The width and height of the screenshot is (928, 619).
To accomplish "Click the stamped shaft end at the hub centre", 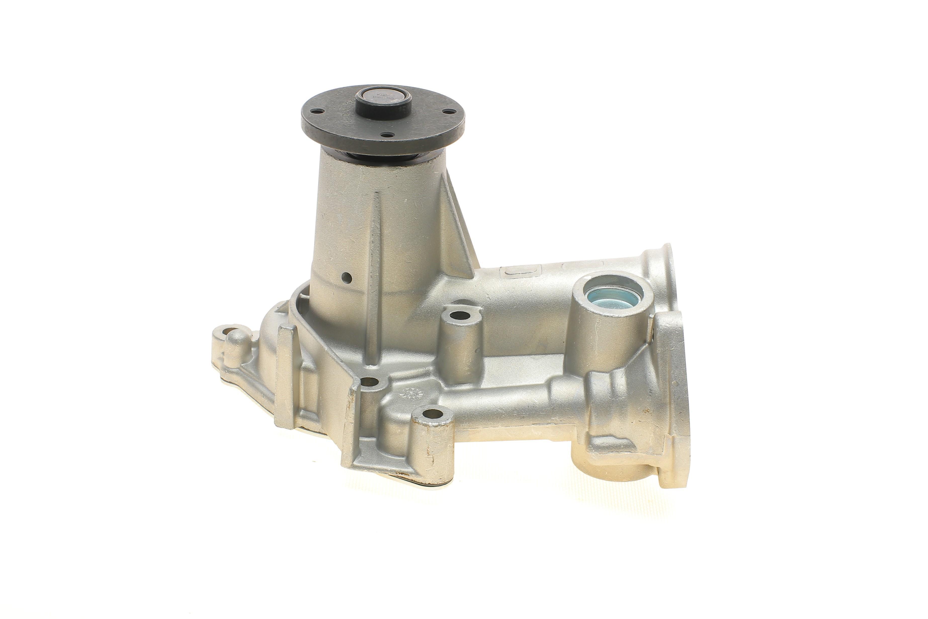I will click(x=382, y=98).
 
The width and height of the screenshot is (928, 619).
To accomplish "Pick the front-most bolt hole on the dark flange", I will click(x=386, y=135).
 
